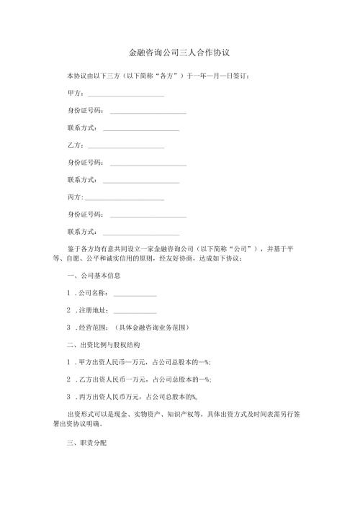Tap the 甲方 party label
click(x=74, y=94)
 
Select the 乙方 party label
click(x=74, y=145)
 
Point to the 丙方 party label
click(x=74, y=197)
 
